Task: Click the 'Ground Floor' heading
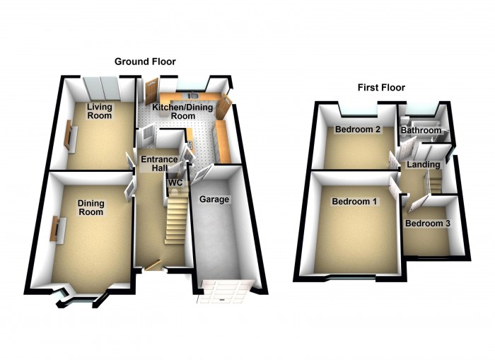pos(146,62)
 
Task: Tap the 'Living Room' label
pos(100,111)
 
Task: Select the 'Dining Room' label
pos(91,207)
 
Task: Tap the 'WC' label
pos(174,182)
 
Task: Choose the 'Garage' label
pos(214,199)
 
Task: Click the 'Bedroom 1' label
pos(354,201)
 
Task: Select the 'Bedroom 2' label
pos(358,129)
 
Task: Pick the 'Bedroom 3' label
pos(427,223)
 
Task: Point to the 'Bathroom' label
pos(421,130)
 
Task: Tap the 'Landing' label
pos(424,165)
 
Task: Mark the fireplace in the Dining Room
pos(54,231)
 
